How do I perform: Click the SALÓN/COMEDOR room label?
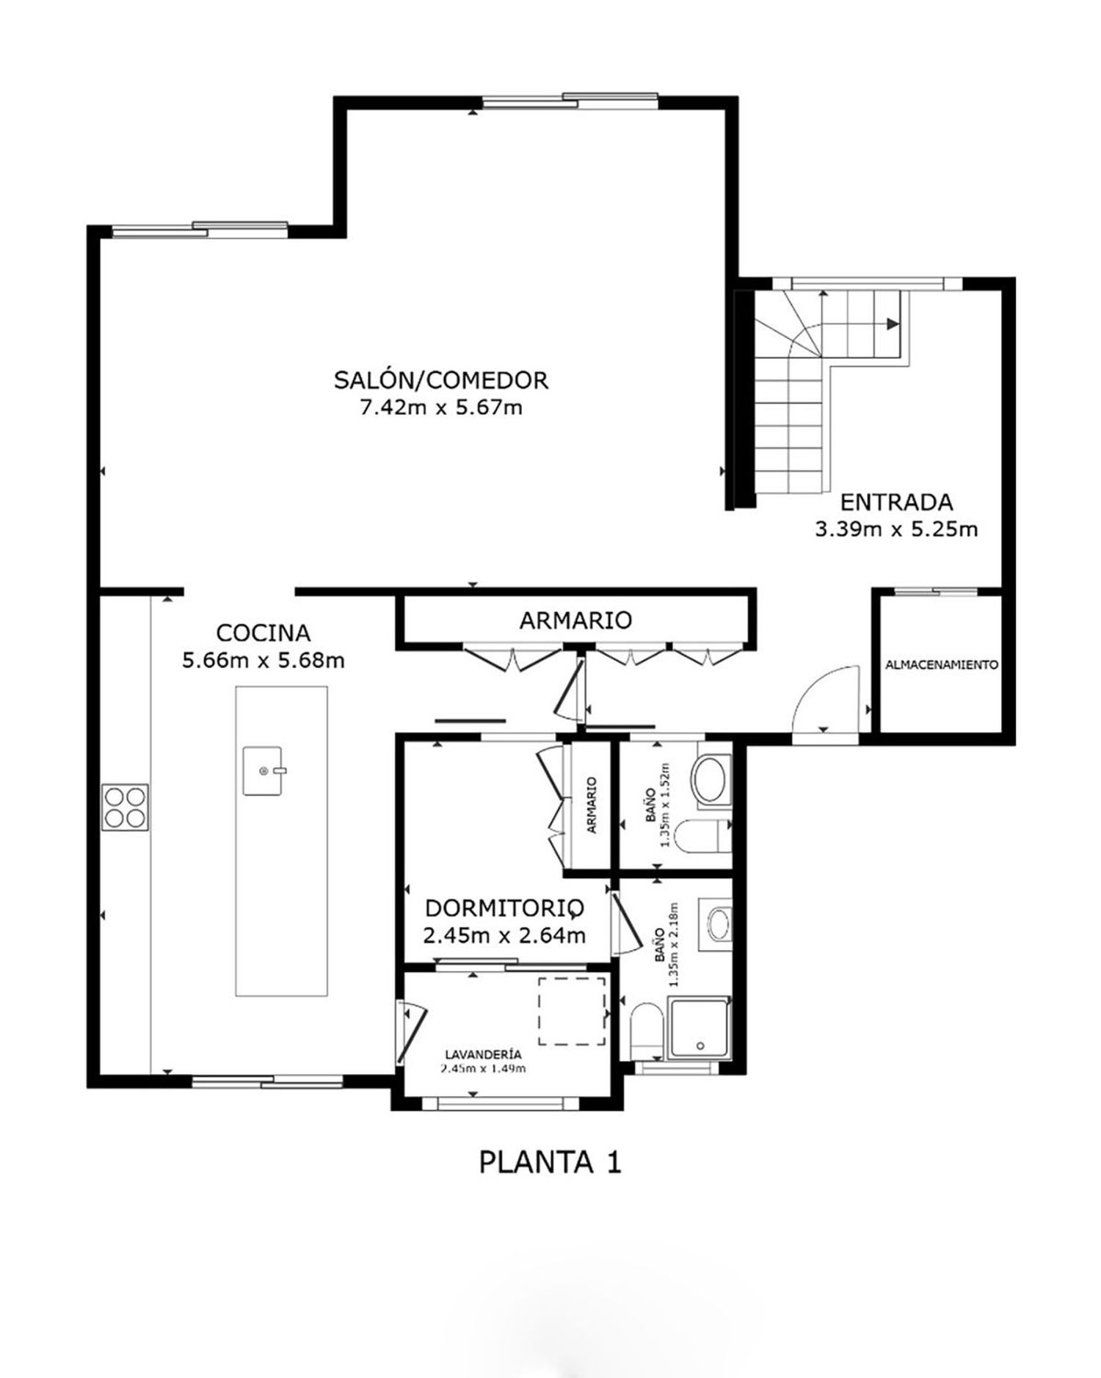click(441, 380)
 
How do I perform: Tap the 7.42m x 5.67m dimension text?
click(441, 407)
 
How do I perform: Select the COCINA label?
click(264, 632)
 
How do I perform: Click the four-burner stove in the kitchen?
click(126, 808)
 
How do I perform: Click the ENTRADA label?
click(896, 503)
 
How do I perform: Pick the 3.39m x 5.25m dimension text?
click(896, 529)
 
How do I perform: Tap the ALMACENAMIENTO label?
click(942, 665)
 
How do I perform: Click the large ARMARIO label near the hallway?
click(575, 620)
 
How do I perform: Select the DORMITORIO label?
click(505, 909)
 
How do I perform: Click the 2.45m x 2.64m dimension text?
click(505, 936)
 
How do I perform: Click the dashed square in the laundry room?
click(573, 1011)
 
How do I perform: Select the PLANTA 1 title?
click(550, 1162)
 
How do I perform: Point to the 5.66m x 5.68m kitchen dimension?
click(264, 660)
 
